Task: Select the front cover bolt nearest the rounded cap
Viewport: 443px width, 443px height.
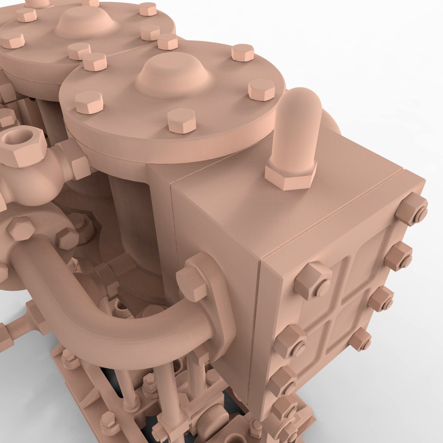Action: pos(261,89)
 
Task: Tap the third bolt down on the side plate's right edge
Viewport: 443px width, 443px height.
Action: pos(381,299)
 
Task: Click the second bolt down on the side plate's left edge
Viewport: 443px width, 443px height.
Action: pos(290,340)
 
